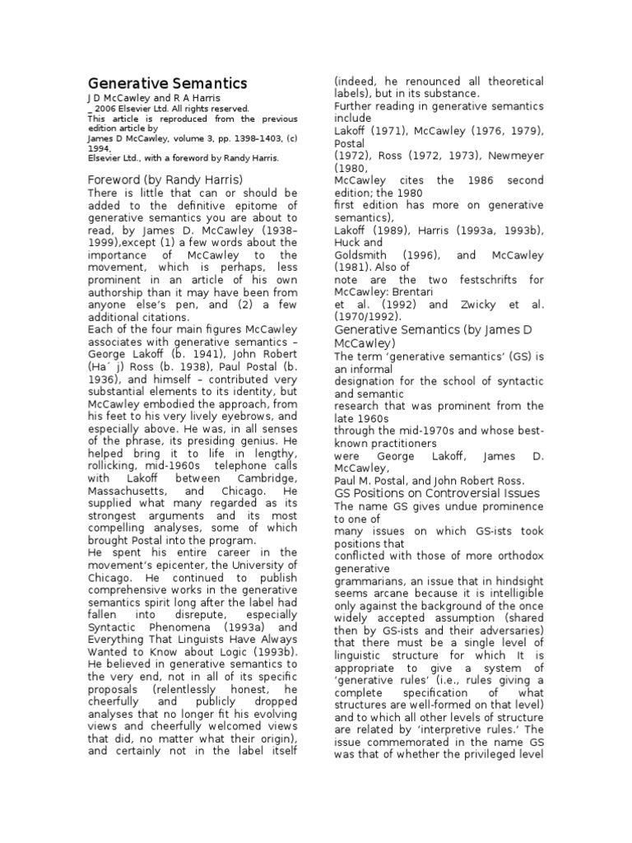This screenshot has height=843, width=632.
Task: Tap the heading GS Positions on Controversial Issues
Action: [436, 493]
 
